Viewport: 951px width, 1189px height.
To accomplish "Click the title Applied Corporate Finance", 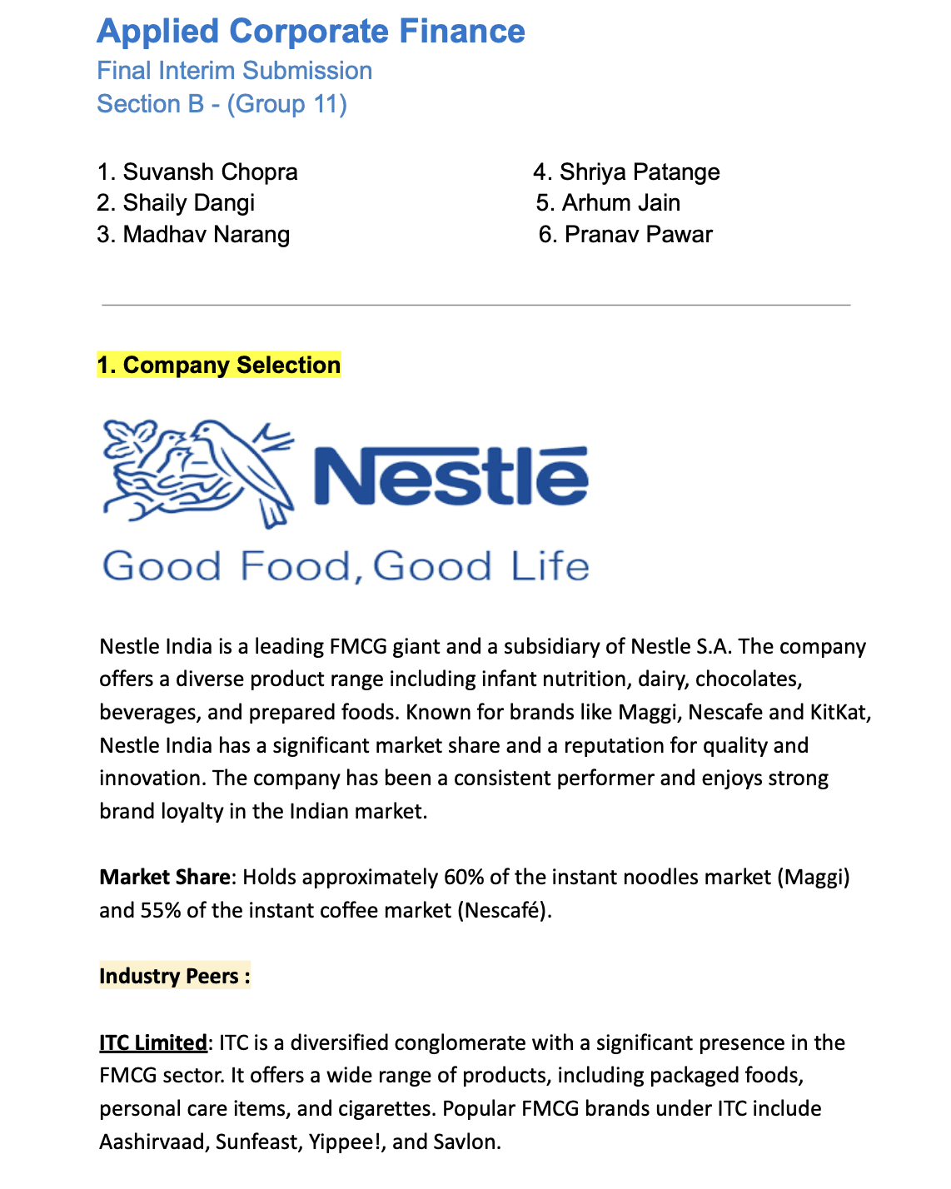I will coord(311,32).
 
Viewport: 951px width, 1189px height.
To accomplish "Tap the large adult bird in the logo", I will coord(246,466).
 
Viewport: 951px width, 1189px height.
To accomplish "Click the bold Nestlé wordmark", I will coord(451,476).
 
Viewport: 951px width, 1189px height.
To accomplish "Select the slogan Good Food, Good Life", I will coord(346,567).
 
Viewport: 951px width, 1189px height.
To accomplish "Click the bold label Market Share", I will coord(164,878).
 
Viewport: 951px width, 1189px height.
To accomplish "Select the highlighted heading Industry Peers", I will coord(174,977).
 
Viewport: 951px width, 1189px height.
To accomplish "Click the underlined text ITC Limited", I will coord(152,1043).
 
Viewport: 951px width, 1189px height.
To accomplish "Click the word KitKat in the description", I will coord(840,713).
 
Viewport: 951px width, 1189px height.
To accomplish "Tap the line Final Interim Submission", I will coord(234,71).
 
